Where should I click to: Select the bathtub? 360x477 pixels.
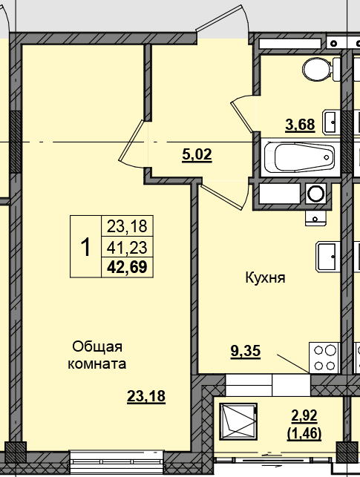point(300,157)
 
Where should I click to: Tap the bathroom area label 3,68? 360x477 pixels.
point(300,125)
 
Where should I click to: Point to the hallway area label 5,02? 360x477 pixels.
point(197,154)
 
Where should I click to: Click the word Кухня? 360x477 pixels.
point(265,277)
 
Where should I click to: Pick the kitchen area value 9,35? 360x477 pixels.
point(246,351)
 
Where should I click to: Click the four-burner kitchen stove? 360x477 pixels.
point(324,358)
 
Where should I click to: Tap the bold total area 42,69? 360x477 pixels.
point(127,267)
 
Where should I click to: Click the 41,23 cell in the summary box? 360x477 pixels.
point(127,247)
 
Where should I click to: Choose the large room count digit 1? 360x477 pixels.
point(85,247)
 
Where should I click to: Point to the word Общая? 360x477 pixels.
point(97,346)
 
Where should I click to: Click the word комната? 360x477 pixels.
point(96,363)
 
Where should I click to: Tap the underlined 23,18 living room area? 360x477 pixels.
point(146,396)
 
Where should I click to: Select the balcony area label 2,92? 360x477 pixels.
point(304,415)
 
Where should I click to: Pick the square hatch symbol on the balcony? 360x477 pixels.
point(238,421)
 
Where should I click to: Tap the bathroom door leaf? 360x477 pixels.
point(242,117)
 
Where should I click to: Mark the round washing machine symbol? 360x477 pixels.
point(315,194)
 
